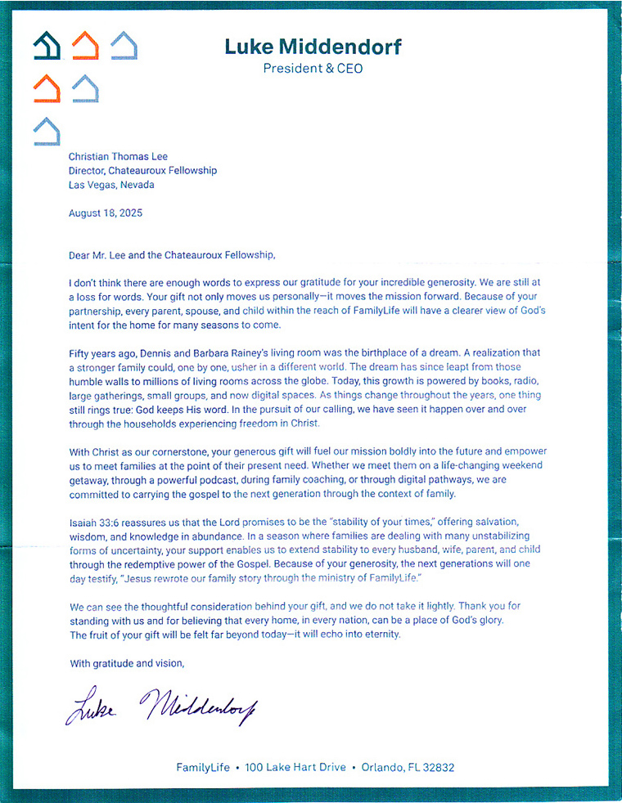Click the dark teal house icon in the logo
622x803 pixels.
(x=46, y=46)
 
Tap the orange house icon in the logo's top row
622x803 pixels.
(x=84, y=46)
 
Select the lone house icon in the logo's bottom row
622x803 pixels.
(x=47, y=131)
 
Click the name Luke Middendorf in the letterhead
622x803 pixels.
(x=313, y=47)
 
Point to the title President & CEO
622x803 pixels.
(x=313, y=69)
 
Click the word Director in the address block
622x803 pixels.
(x=91, y=170)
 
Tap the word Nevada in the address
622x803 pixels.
(x=136, y=185)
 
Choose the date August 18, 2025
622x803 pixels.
(x=106, y=213)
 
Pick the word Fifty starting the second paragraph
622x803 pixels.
(x=82, y=353)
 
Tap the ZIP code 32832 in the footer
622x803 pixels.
(x=437, y=767)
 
